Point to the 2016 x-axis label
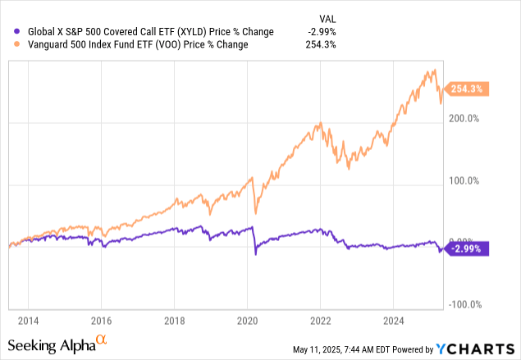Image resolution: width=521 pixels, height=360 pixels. coord(101,320)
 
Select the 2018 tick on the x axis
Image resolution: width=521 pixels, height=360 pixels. coord(174,320)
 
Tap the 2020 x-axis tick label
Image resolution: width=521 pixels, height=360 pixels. coord(247,320)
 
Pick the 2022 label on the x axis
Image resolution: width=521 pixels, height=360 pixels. coord(321,320)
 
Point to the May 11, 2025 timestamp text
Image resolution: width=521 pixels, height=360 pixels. coord(344,350)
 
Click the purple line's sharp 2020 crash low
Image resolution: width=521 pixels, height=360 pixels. coord(255,255)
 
